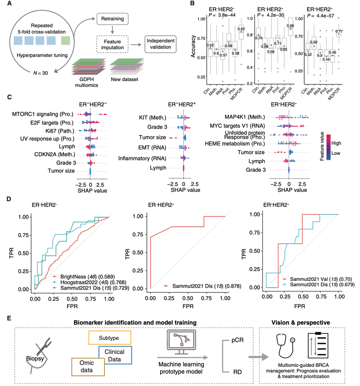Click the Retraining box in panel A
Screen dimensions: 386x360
click(x=112, y=19)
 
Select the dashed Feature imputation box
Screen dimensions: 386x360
click(x=112, y=43)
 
